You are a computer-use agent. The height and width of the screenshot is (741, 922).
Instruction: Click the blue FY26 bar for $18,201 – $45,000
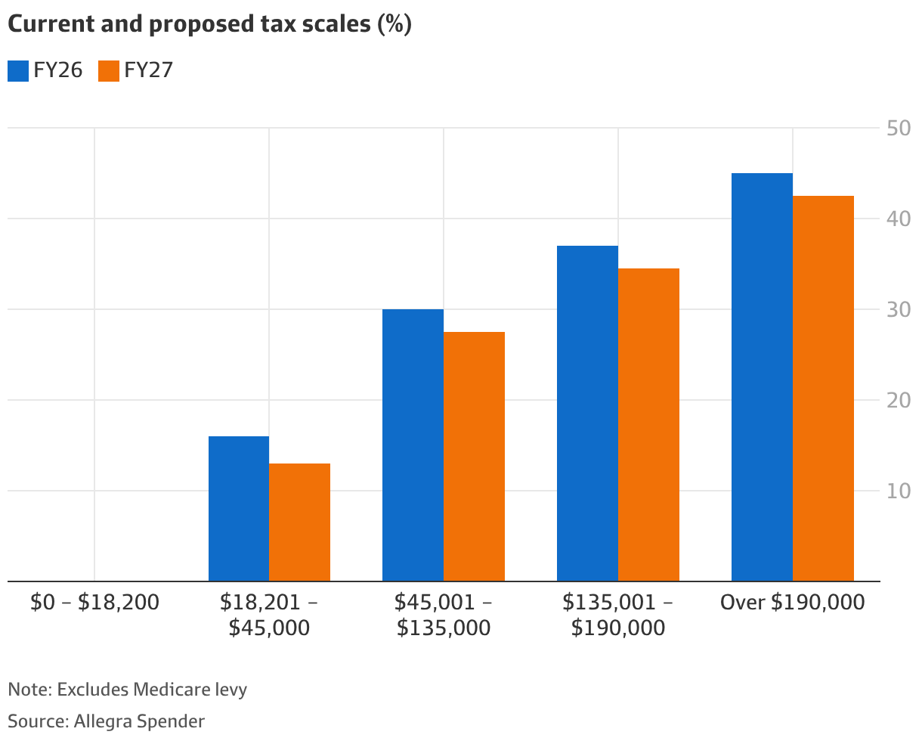click(239, 508)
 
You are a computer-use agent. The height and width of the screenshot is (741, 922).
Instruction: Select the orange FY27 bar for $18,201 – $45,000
click(299, 522)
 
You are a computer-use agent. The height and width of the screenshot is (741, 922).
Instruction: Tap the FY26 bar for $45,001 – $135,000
click(413, 445)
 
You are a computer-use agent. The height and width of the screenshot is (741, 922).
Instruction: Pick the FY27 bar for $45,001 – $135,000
click(474, 456)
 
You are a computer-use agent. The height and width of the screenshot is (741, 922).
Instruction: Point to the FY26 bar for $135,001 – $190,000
click(587, 413)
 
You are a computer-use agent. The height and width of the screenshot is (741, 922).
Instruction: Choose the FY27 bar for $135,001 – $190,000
click(648, 424)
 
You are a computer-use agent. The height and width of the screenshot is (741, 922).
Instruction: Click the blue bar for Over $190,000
click(762, 377)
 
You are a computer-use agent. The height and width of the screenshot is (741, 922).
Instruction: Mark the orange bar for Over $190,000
click(823, 388)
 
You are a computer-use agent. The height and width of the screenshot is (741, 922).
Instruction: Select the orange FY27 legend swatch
click(109, 71)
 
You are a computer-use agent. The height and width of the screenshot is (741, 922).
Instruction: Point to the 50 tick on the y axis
click(899, 128)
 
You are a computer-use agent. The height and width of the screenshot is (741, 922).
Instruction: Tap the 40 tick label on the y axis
click(899, 219)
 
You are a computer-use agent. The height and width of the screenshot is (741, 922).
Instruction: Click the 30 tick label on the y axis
click(899, 309)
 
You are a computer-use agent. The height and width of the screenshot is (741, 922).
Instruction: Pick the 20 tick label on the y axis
click(899, 400)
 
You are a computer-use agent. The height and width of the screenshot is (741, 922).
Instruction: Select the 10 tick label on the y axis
click(899, 491)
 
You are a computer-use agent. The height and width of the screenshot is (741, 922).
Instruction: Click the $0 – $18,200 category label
click(94, 603)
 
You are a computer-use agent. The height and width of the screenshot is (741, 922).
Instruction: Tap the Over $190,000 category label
click(792, 603)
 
